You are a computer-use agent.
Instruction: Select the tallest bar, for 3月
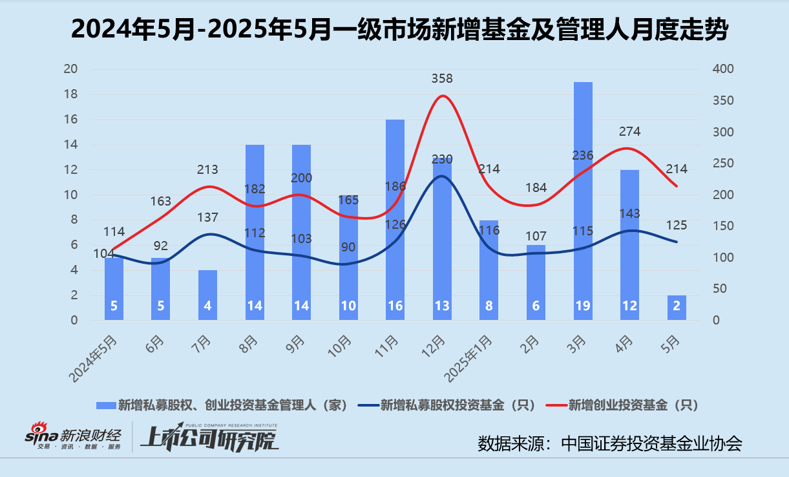pyautogui.click(x=583, y=200)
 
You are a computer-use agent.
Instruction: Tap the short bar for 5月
pyautogui.click(x=677, y=308)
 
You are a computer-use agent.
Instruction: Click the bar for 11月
pyautogui.click(x=395, y=220)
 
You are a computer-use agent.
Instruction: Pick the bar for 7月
pyautogui.click(x=207, y=295)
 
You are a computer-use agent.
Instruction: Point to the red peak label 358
pyautogui.click(x=442, y=79)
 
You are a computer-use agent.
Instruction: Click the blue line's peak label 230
pyautogui.click(x=442, y=159)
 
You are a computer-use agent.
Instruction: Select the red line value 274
pyautogui.click(x=629, y=132)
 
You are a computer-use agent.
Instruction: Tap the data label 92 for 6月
pyautogui.click(x=160, y=246)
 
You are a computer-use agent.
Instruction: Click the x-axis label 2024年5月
pyautogui.click(x=96, y=359)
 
